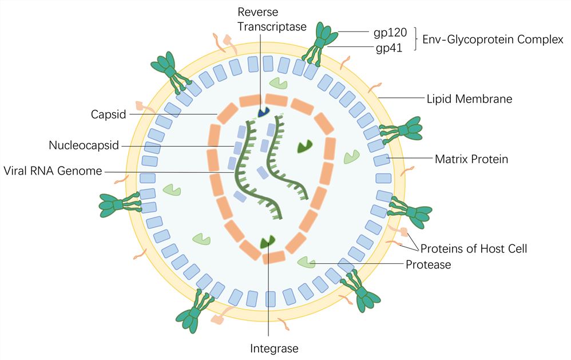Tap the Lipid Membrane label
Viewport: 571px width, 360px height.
469,99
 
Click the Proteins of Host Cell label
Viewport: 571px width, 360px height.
474,249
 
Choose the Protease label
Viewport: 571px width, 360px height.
429,265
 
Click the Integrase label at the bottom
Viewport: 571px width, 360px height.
274,348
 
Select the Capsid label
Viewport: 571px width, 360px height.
108,114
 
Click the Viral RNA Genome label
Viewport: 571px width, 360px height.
53,171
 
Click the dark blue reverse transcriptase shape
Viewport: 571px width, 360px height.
264,113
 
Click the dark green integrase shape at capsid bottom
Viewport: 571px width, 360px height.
267,243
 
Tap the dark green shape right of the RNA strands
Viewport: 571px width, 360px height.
305,147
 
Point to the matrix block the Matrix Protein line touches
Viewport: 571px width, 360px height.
382,159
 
